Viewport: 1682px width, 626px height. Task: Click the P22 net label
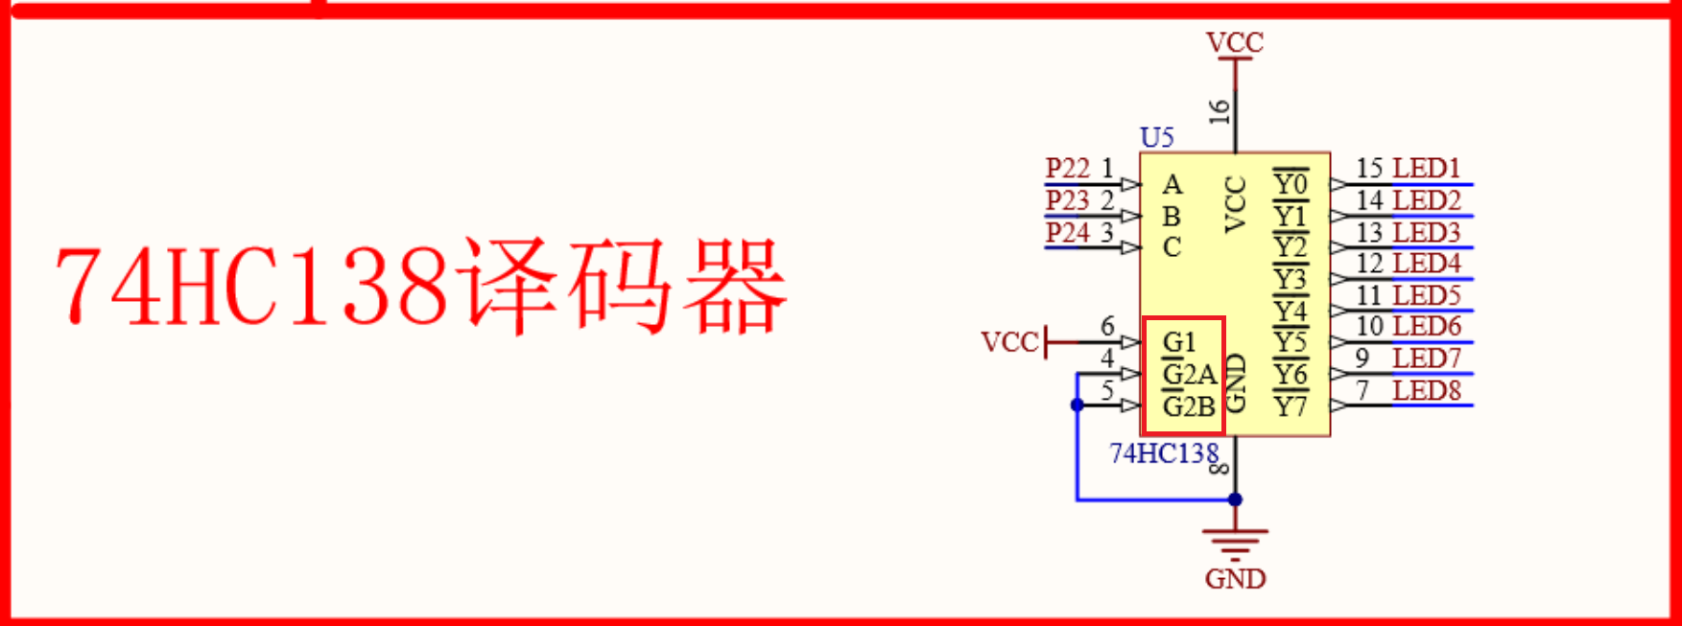(x=1067, y=169)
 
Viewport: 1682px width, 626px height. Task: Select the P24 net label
(x=1067, y=233)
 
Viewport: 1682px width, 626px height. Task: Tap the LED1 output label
(x=1426, y=169)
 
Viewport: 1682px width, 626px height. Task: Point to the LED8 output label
(x=1427, y=391)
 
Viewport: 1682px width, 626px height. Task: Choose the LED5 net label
(x=1427, y=295)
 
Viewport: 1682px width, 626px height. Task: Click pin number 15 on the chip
(x=1369, y=169)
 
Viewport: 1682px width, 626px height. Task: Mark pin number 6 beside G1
(x=1107, y=327)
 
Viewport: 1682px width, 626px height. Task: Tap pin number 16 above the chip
(x=1220, y=112)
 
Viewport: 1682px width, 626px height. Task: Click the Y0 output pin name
(x=1291, y=183)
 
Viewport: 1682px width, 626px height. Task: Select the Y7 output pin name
(x=1291, y=406)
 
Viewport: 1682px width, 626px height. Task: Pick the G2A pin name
(x=1189, y=375)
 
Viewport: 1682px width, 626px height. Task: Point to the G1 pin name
(x=1179, y=342)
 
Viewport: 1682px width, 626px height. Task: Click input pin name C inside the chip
(x=1172, y=247)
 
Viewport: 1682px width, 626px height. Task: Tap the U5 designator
(x=1157, y=138)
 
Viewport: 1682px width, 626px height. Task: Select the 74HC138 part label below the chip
(x=1163, y=453)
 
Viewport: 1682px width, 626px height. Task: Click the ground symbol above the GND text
(x=1235, y=544)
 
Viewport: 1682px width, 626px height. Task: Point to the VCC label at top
(x=1235, y=43)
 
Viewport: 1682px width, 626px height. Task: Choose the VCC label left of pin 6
(x=1009, y=342)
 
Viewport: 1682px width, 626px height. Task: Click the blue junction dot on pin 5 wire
(x=1078, y=406)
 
